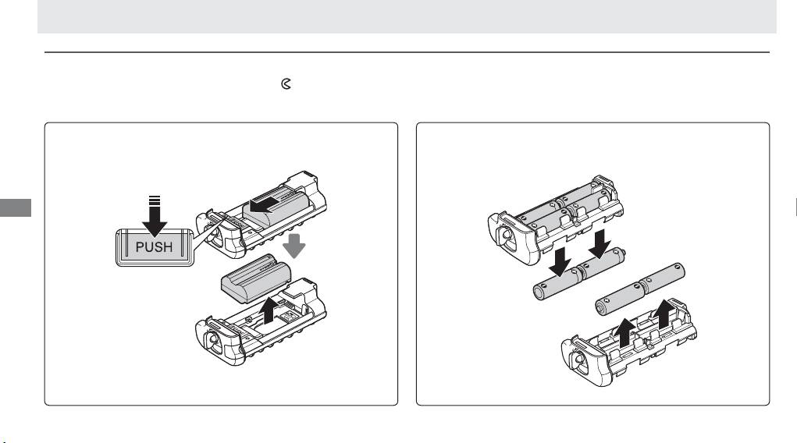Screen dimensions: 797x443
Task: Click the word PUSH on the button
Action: (154, 247)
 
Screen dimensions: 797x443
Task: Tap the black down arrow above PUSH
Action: (155, 216)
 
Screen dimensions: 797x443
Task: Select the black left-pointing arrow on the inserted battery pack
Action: (265, 204)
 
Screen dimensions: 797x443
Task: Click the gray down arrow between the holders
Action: (294, 246)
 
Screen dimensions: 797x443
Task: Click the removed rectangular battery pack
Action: (256, 279)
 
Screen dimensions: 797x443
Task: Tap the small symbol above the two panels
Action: (286, 83)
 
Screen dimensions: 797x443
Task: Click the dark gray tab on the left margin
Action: (16, 207)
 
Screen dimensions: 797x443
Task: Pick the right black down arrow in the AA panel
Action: (600, 244)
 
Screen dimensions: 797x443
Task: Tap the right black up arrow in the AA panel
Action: (664, 314)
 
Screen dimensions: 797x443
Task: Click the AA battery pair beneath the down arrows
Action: (579, 274)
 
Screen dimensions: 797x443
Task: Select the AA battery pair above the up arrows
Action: (640, 290)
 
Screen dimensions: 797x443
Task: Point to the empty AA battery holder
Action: (628, 345)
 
